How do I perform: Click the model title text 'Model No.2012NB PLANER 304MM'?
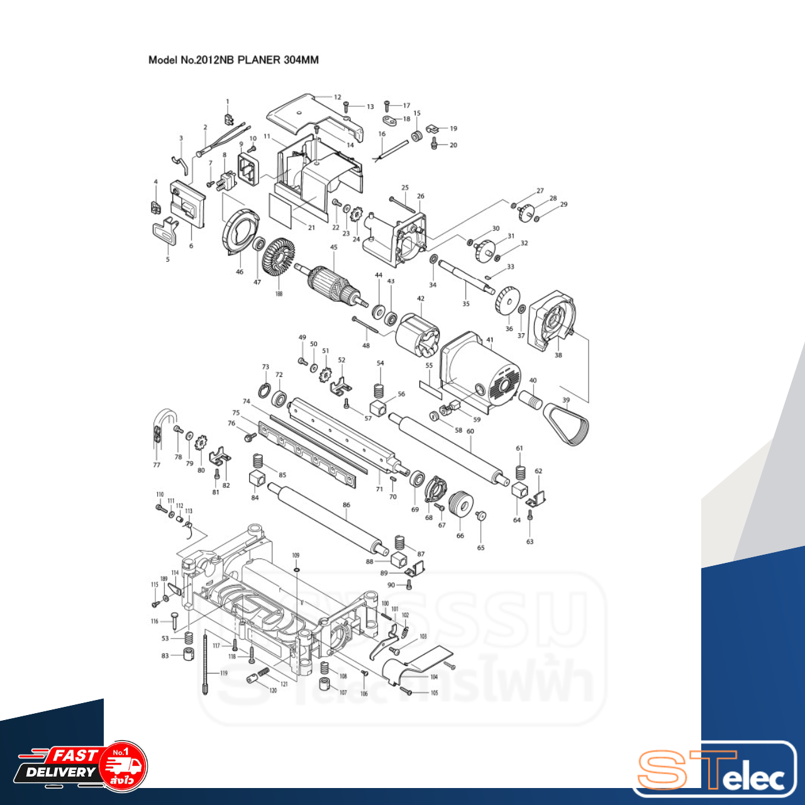pos(233,60)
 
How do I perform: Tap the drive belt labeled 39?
pos(569,425)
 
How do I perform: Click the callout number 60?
pos(470,431)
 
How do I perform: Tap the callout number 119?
pos(223,673)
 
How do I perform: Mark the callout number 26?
pos(420,196)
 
